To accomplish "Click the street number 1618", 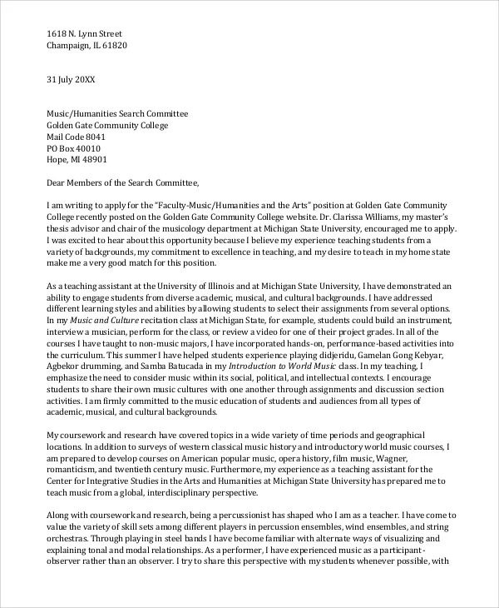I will (57, 33).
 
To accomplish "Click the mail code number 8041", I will (97, 137).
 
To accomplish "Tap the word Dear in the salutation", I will (57, 182).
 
